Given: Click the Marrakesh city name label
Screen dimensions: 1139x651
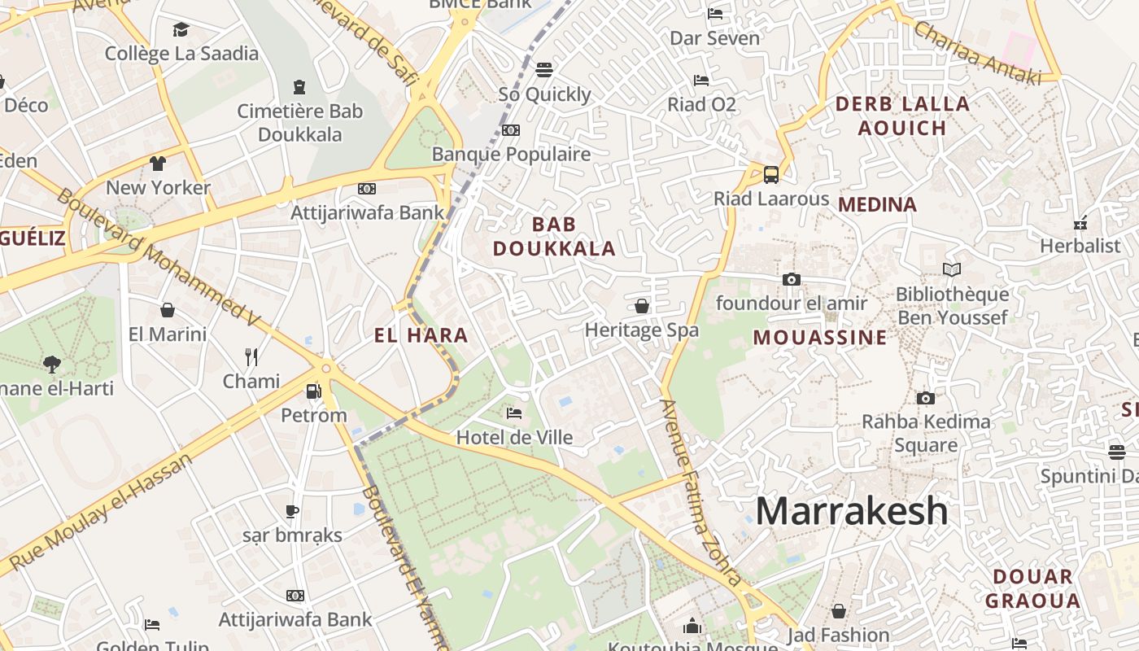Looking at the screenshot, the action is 852,511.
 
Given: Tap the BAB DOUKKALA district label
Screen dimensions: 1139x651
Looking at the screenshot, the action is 554,236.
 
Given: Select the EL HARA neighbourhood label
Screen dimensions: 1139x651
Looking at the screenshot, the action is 421,334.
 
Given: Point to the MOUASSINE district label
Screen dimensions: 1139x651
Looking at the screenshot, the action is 820,337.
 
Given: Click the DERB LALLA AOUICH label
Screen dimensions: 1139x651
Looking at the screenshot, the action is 902,116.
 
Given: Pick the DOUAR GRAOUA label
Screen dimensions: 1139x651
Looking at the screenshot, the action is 1032,589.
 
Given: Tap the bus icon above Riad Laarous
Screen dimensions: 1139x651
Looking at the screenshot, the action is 770,174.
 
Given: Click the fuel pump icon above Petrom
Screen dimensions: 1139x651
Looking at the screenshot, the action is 313,391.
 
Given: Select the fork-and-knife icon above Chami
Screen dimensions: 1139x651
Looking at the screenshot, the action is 251,356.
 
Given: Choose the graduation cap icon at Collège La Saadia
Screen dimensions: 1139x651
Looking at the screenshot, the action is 181,30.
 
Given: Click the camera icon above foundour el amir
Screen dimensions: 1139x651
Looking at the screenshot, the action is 791,279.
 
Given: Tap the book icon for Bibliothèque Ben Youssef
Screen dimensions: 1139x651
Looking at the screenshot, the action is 951,269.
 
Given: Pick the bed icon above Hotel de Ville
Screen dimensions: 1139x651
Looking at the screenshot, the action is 514,413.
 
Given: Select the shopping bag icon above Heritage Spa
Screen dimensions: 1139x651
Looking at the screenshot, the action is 641,306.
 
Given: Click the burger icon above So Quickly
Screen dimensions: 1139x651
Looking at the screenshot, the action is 544,70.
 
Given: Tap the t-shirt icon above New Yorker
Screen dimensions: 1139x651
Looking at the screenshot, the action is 158,164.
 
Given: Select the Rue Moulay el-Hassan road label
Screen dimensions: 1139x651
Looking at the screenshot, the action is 103,513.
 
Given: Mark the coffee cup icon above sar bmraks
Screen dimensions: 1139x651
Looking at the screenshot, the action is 292,511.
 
